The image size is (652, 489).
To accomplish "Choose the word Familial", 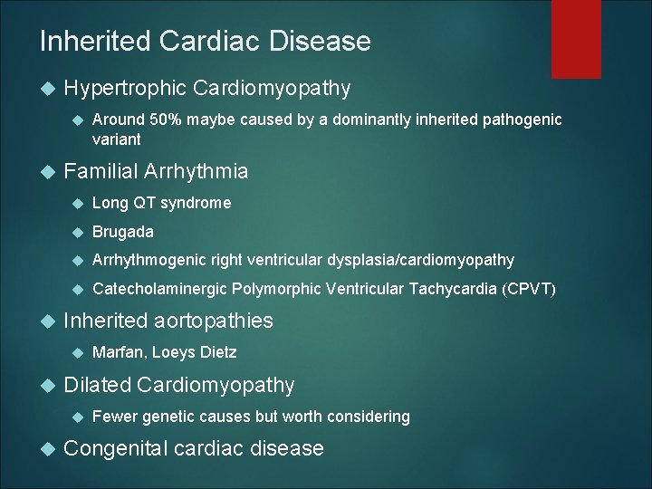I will [x=101, y=171].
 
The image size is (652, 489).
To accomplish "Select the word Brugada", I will [x=123, y=232].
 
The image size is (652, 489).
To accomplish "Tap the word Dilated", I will [x=97, y=385].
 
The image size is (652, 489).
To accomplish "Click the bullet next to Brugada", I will [x=77, y=233].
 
